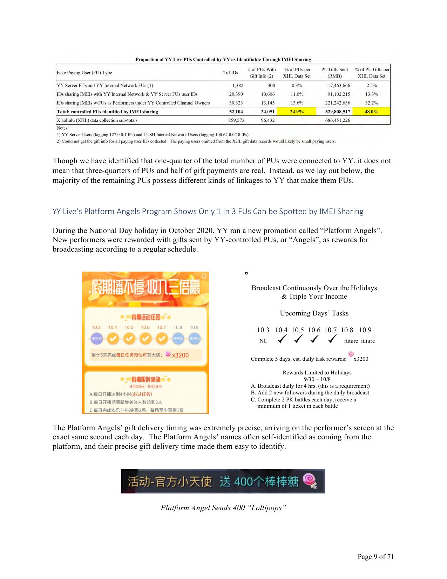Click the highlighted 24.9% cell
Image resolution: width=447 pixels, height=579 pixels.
[296, 112]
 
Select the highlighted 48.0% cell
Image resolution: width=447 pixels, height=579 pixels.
[371, 112]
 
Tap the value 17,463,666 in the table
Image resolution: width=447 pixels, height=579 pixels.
[339, 85]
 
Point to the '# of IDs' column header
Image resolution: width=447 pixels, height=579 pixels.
[230, 73]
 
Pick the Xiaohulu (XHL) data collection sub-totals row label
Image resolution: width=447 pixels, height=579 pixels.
[97, 120]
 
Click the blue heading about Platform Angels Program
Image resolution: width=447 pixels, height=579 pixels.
[208, 211]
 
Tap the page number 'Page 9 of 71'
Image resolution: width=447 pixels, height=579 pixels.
[375, 557]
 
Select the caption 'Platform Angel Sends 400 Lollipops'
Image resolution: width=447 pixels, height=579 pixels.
[223, 508]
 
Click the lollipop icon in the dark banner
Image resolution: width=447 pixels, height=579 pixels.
[310, 481]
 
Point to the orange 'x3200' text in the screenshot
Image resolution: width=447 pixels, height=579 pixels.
[180, 355]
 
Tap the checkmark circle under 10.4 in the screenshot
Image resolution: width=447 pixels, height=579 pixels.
[113, 339]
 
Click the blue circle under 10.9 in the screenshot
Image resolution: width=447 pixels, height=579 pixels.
[194, 339]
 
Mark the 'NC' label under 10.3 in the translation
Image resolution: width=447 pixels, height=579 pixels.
[263, 341]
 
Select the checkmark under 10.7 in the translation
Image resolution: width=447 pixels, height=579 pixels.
[332, 339]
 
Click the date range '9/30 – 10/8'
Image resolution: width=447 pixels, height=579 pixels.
[317, 379]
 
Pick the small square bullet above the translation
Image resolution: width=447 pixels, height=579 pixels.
[246, 273]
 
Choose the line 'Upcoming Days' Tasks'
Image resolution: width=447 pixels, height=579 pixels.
[314, 313]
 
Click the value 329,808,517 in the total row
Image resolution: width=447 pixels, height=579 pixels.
[337, 112]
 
